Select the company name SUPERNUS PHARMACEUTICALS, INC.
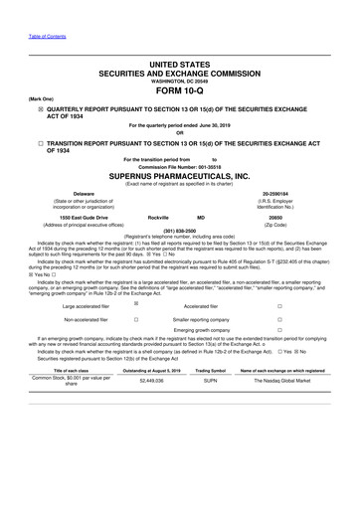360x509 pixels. click(x=179, y=169)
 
